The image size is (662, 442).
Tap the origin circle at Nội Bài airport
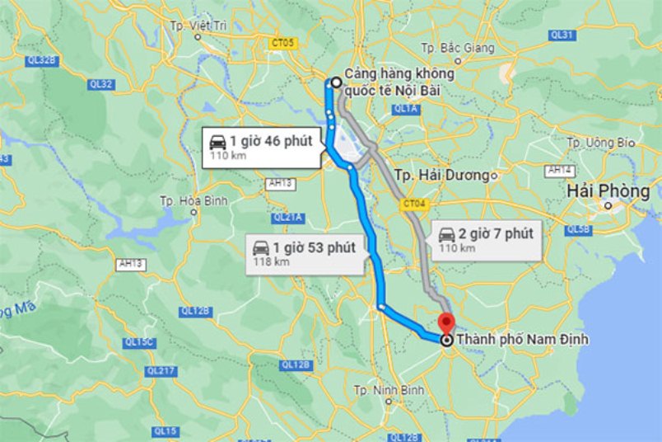click(336, 82)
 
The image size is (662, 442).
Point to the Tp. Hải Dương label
click(442, 176)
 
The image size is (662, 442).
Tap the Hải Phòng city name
click(608, 191)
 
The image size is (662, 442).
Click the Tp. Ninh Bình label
click(389, 389)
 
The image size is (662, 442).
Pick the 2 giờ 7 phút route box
click(486, 238)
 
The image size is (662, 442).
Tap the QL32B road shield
click(40, 60)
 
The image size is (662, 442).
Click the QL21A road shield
click(288, 218)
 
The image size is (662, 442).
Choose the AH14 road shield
click(562, 170)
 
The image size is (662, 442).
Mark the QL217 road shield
click(161, 371)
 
